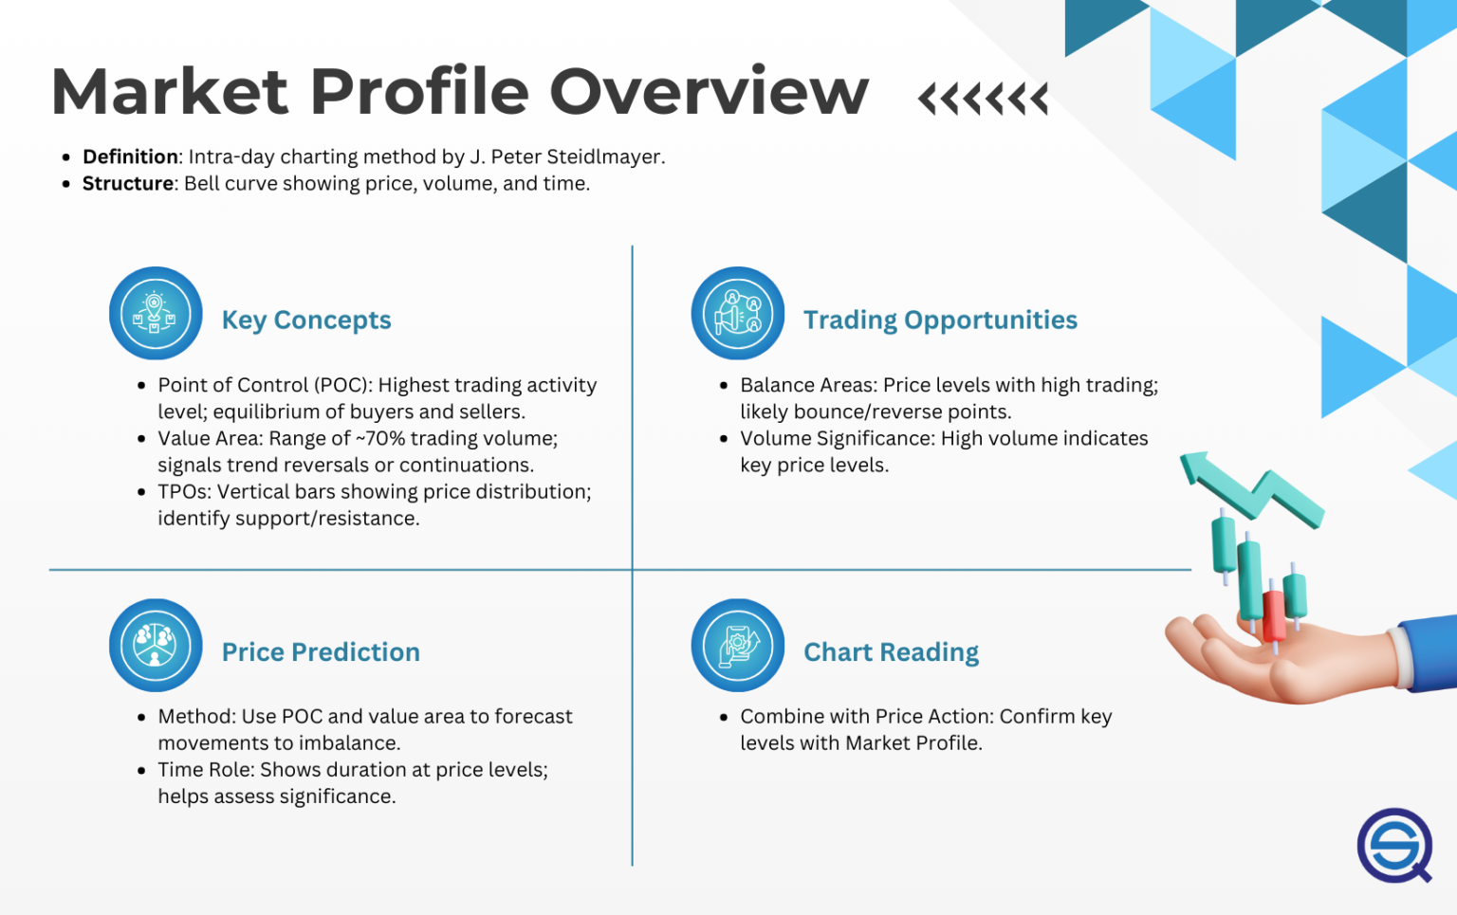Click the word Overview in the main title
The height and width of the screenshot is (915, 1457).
click(x=709, y=92)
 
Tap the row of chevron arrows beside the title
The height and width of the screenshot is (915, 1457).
click(x=983, y=98)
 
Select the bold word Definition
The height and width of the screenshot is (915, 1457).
click(x=130, y=156)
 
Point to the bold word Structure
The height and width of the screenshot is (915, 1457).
click(x=128, y=183)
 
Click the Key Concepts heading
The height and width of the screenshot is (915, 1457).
click(x=305, y=320)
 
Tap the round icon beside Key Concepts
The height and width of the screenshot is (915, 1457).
click(x=156, y=313)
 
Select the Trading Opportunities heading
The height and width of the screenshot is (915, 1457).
click(x=939, y=320)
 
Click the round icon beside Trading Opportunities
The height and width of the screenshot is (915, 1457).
click(x=737, y=313)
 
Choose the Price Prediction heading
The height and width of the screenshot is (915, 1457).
click(x=320, y=652)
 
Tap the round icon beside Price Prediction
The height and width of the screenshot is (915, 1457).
click(x=156, y=645)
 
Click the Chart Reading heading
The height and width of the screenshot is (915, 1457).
click(x=891, y=652)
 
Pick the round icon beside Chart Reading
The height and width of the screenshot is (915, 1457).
click(x=737, y=645)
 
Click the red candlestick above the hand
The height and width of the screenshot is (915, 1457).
click(x=1273, y=614)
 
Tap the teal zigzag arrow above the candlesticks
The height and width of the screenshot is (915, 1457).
click(x=1252, y=488)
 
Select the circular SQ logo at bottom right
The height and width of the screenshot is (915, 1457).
click(x=1393, y=845)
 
